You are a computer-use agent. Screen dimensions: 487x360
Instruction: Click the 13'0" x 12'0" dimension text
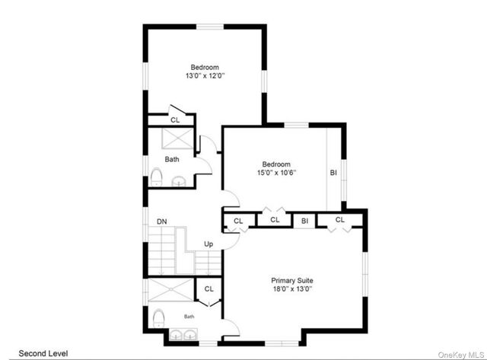pyautogui.click(x=205, y=76)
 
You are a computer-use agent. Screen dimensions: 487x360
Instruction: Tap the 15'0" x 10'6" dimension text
pyautogui.click(x=276, y=173)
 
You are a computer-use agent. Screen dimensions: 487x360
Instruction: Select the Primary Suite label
pyautogui.click(x=292, y=281)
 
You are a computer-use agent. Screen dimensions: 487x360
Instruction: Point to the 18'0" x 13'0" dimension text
pyautogui.click(x=292, y=289)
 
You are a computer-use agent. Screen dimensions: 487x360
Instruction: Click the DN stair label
pyautogui.click(x=162, y=221)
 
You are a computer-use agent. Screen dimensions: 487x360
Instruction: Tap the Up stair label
pyautogui.click(x=208, y=244)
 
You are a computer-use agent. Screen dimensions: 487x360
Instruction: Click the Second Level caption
pyautogui.click(x=43, y=353)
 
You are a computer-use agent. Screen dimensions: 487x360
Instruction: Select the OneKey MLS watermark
pyautogui.click(x=460, y=355)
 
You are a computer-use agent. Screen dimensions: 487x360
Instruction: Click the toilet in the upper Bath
pyautogui.click(x=157, y=177)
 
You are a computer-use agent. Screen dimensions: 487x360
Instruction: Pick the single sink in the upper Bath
pyautogui.click(x=179, y=181)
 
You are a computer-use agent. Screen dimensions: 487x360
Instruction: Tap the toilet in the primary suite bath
pyautogui.click(x=158, y=317)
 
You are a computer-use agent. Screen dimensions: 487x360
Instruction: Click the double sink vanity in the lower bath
pyautogui.click(x=183, y=335)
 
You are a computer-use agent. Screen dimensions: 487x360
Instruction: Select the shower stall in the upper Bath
pyautogui.click(x=177, y=139)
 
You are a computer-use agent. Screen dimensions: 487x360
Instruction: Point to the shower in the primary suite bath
pyautogui.click(x=170, y=290)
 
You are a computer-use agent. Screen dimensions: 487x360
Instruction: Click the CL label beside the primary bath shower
pyautogui.click(x=209, y=289)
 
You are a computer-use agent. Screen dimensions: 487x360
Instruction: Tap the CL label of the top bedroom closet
pyautogui.click(x=175, y=120)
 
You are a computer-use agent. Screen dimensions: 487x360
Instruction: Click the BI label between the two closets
pyautogui.click(x=304, y=221)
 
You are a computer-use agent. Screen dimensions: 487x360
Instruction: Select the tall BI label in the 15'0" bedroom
pyautogui.click(x=333, y=173)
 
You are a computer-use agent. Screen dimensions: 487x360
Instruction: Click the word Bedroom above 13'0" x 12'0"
pyautogui.click(x=205, y=67)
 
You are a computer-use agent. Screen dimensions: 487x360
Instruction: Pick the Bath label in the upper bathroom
pyautogui.click(x=172, y=159)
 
